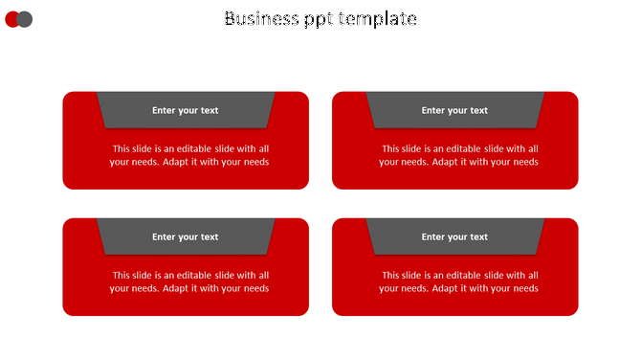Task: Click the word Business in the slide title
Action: (258, 18)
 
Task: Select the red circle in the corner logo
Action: (12, 19)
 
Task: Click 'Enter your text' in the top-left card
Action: (185, 110)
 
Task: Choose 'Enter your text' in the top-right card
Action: (454, 110)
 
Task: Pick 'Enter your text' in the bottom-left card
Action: (185, 236)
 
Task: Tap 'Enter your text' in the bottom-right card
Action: (454, 236)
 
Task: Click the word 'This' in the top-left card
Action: (122, 148)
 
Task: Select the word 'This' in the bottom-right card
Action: (391, 275)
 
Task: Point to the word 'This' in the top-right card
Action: (391, 148)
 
